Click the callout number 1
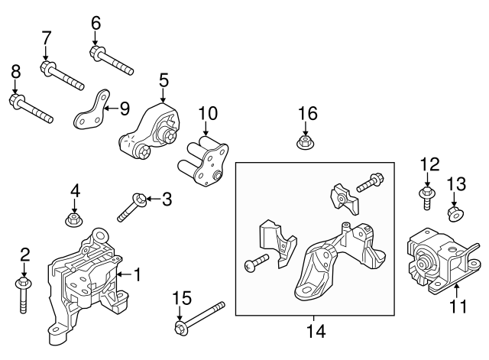138,274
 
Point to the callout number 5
163,80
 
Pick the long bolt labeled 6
112,62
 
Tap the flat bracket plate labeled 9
91,112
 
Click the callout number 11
458,309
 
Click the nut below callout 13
454,212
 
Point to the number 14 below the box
316,331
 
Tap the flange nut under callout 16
305,142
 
